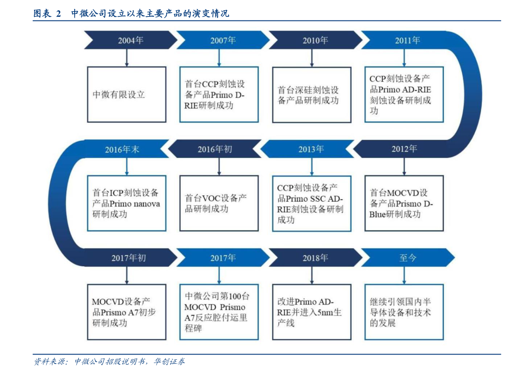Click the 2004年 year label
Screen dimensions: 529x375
pyautogui.click(x=131, y=40)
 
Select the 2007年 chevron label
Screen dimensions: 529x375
pyautogui.click(x=223, y=40)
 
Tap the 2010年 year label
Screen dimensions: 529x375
pyautogui.click(x=315, y=40)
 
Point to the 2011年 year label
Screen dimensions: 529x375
pyautogui.click(x=408, y=40)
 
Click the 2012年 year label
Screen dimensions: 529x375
pyautogui.click(x=404, y=149)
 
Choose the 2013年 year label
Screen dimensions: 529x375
pyautogui.click(x=311, y=149)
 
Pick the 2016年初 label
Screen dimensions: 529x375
pyautogui.click(x=215, y=149)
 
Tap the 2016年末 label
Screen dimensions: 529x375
pyautogui.click(x=122, y=150)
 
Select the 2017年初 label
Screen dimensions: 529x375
pyautogui.click(x=128, y=258)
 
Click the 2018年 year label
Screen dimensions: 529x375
pyautogui.click(x=315, y=258)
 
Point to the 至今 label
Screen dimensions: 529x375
pyautogui.click(x=408, y=258)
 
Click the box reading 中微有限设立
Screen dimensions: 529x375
pyautogui.click(x=127, y=95)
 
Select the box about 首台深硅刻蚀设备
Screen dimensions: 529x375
pyautogui.click(x=312, y=95)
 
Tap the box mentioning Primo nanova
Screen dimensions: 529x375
pyautogui.click(x=127, y=203)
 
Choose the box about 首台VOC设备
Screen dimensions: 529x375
pyautogui.click(x=219, y=203)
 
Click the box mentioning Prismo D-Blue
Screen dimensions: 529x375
pyautogui.click(x=404, y=203)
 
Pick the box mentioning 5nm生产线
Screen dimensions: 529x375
pyautogui.click(x=312, y=312)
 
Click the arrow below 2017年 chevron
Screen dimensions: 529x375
pyautogui.click(x=219, y=275)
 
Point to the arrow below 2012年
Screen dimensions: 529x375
pyautogui.click(x=404, y=167)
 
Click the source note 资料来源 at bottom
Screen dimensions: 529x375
pyautogui.click(x=109, y=362)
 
